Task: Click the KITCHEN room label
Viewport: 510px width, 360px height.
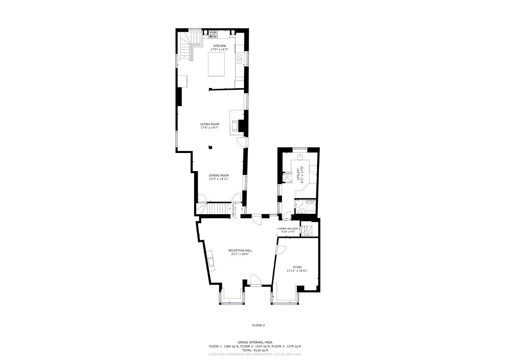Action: [x=219, y=46]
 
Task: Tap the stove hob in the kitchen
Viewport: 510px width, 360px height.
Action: [x=213, y=34]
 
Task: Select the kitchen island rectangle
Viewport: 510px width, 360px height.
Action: [x=217, y=64]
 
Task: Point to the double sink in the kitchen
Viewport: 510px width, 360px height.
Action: [x=239, y=59]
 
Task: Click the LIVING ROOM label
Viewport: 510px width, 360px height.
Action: [x=210, y=124]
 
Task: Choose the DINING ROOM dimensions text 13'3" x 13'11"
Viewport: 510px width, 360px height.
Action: [x=219, y=179]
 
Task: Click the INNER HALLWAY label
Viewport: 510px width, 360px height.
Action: [x=288, y=229]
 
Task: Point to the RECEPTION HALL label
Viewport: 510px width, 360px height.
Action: [x=240, y=250]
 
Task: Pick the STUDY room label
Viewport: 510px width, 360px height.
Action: [x=297, y=267]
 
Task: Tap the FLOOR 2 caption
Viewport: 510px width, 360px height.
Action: [x=259, y=325]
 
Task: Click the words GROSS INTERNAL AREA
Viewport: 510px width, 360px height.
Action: [x=255, y=343]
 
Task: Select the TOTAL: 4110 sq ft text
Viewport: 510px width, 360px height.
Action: [x=255, y=350]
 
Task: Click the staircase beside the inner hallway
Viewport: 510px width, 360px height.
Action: [x=305, y=230]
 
